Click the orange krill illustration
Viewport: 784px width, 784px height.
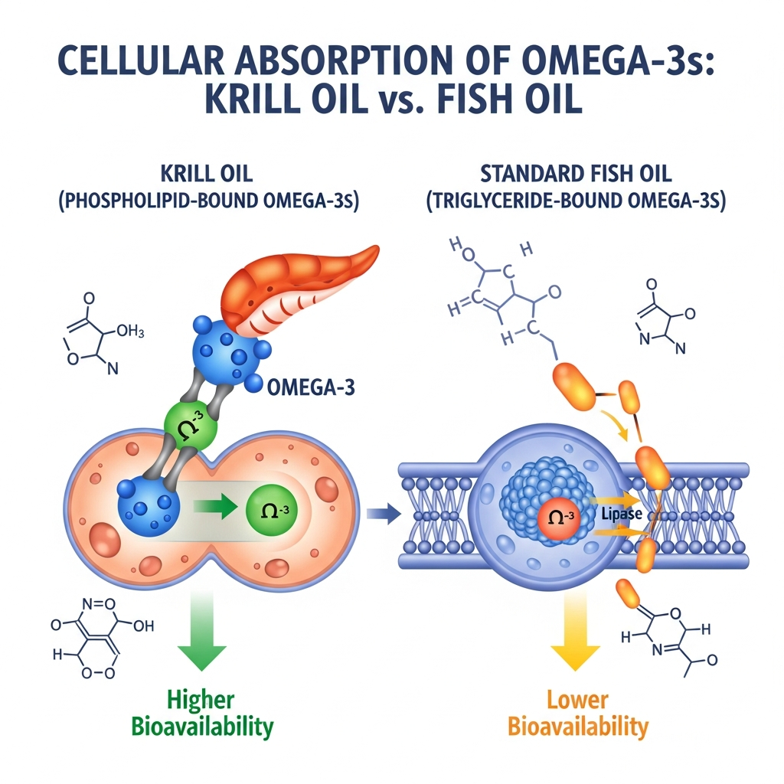coord(299,286)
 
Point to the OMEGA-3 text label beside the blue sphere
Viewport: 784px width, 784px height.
coord(311,387)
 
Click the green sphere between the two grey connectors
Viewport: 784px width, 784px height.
coord(191,425)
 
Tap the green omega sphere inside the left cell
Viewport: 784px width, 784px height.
coord(272,508)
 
